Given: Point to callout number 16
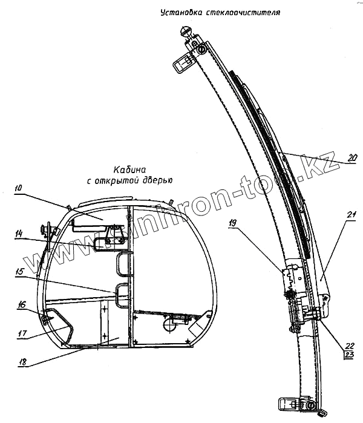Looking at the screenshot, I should pos(22,306).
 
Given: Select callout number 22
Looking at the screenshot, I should pos(349,347).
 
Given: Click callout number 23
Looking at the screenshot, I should pos(349,356).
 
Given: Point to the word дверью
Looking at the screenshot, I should pos(159,180).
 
